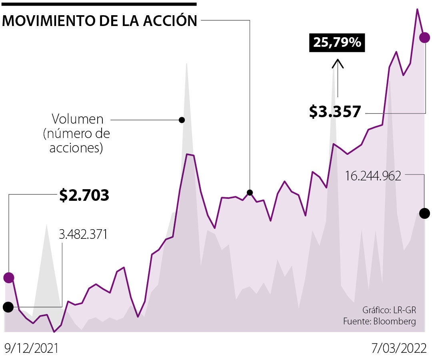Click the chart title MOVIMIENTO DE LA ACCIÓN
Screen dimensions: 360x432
100,21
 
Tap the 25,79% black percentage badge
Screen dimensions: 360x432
337,42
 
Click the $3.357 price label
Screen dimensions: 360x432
335,112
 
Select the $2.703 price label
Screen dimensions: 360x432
84,195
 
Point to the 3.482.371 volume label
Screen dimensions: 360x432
83,234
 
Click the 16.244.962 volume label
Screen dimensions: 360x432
373,176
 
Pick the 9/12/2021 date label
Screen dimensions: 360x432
31,348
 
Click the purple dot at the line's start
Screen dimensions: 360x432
9,277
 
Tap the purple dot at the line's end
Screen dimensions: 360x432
424,38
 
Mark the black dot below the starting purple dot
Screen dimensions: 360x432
8,307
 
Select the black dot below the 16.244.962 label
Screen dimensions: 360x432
425,213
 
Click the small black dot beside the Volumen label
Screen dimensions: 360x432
182,120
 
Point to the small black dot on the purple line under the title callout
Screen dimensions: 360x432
250,192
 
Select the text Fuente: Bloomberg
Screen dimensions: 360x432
380,321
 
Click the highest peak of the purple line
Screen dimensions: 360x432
417,9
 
